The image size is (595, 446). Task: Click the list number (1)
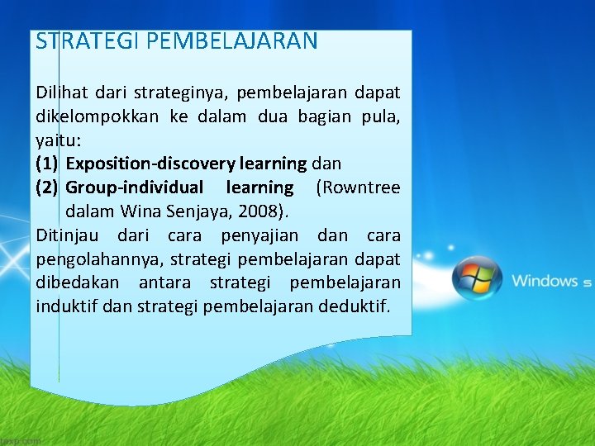(x=48, y=164)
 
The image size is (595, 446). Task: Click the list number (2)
(x=48, y=187)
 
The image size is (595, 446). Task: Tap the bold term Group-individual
(x=134, y=187)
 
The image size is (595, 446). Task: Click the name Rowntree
(x=362, y=187)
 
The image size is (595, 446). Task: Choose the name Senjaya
(x=207, y=211)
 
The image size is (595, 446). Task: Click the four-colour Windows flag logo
(x=478, y=279)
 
